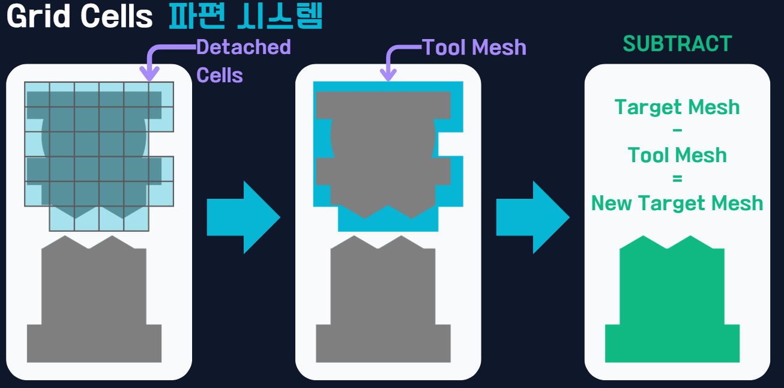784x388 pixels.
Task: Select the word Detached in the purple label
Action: pos(244,47)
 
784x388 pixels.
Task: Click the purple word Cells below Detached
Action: pos(220,76)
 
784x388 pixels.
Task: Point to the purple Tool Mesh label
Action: pos(474,47)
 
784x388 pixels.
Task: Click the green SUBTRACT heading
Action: pos(677,44)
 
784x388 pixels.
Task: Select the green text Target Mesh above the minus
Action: pos(677,108)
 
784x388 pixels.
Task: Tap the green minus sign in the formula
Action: pos(678,131)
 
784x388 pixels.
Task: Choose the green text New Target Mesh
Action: pos(677,203)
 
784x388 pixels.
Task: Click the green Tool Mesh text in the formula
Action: pos(677,156)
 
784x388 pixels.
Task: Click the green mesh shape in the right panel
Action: pos(672,300)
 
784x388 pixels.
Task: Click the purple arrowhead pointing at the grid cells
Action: pos(149,74)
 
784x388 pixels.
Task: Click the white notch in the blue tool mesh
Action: pos(450,144)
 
